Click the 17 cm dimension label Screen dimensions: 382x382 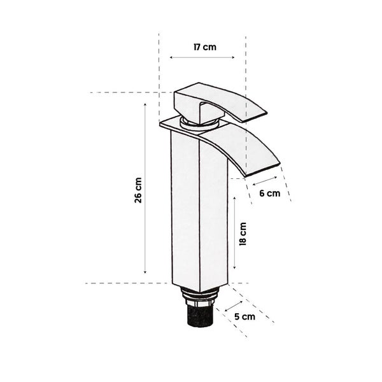point(205,47)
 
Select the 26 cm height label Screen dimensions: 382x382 point(138,190)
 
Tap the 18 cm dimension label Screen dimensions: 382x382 point(243,234)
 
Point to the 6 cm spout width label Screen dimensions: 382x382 point(270,194)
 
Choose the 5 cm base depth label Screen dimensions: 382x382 point(245,316)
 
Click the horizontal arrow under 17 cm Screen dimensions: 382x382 point(202,57)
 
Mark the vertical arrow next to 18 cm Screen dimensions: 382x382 point(234,232)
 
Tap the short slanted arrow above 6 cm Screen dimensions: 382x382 point(265,181)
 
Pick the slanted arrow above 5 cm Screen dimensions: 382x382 point(234,306)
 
